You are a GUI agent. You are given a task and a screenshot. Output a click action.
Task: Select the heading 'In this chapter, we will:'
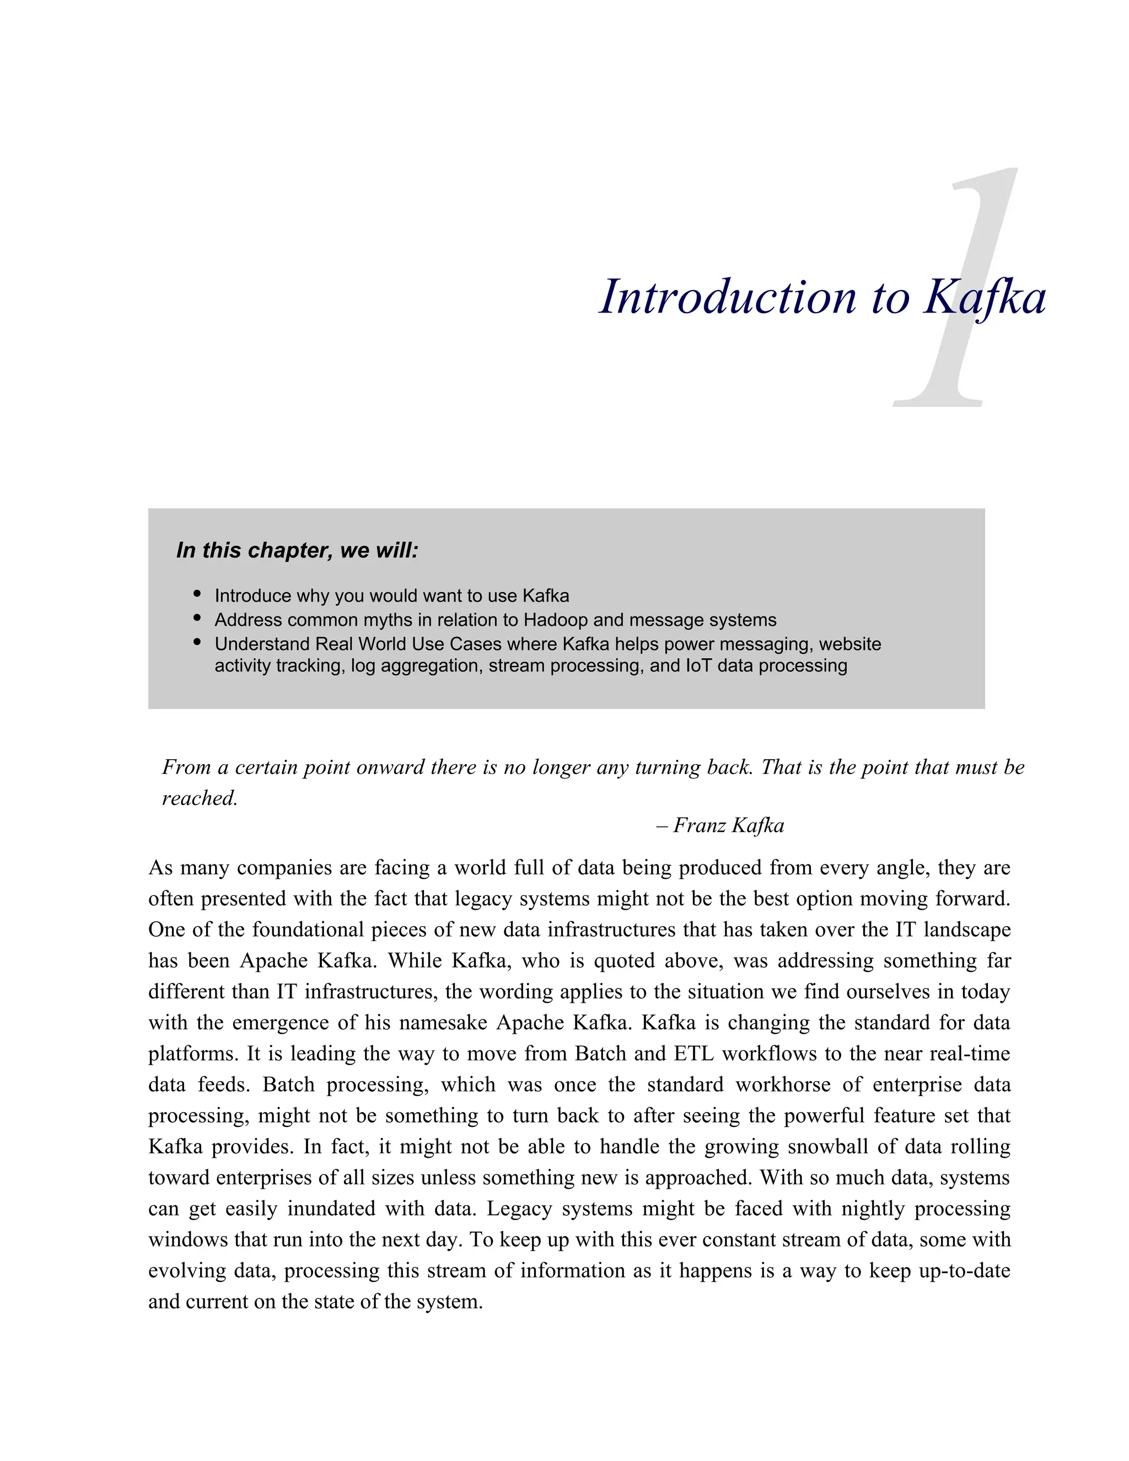297,551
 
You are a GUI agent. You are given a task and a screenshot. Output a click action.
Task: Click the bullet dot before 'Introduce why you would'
197,593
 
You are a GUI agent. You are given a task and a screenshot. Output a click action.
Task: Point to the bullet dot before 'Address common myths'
197,617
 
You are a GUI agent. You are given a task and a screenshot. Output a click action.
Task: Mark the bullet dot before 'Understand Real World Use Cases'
197,642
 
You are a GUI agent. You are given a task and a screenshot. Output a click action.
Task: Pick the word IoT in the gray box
698,665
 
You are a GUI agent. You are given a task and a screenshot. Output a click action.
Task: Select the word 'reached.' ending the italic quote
200,798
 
